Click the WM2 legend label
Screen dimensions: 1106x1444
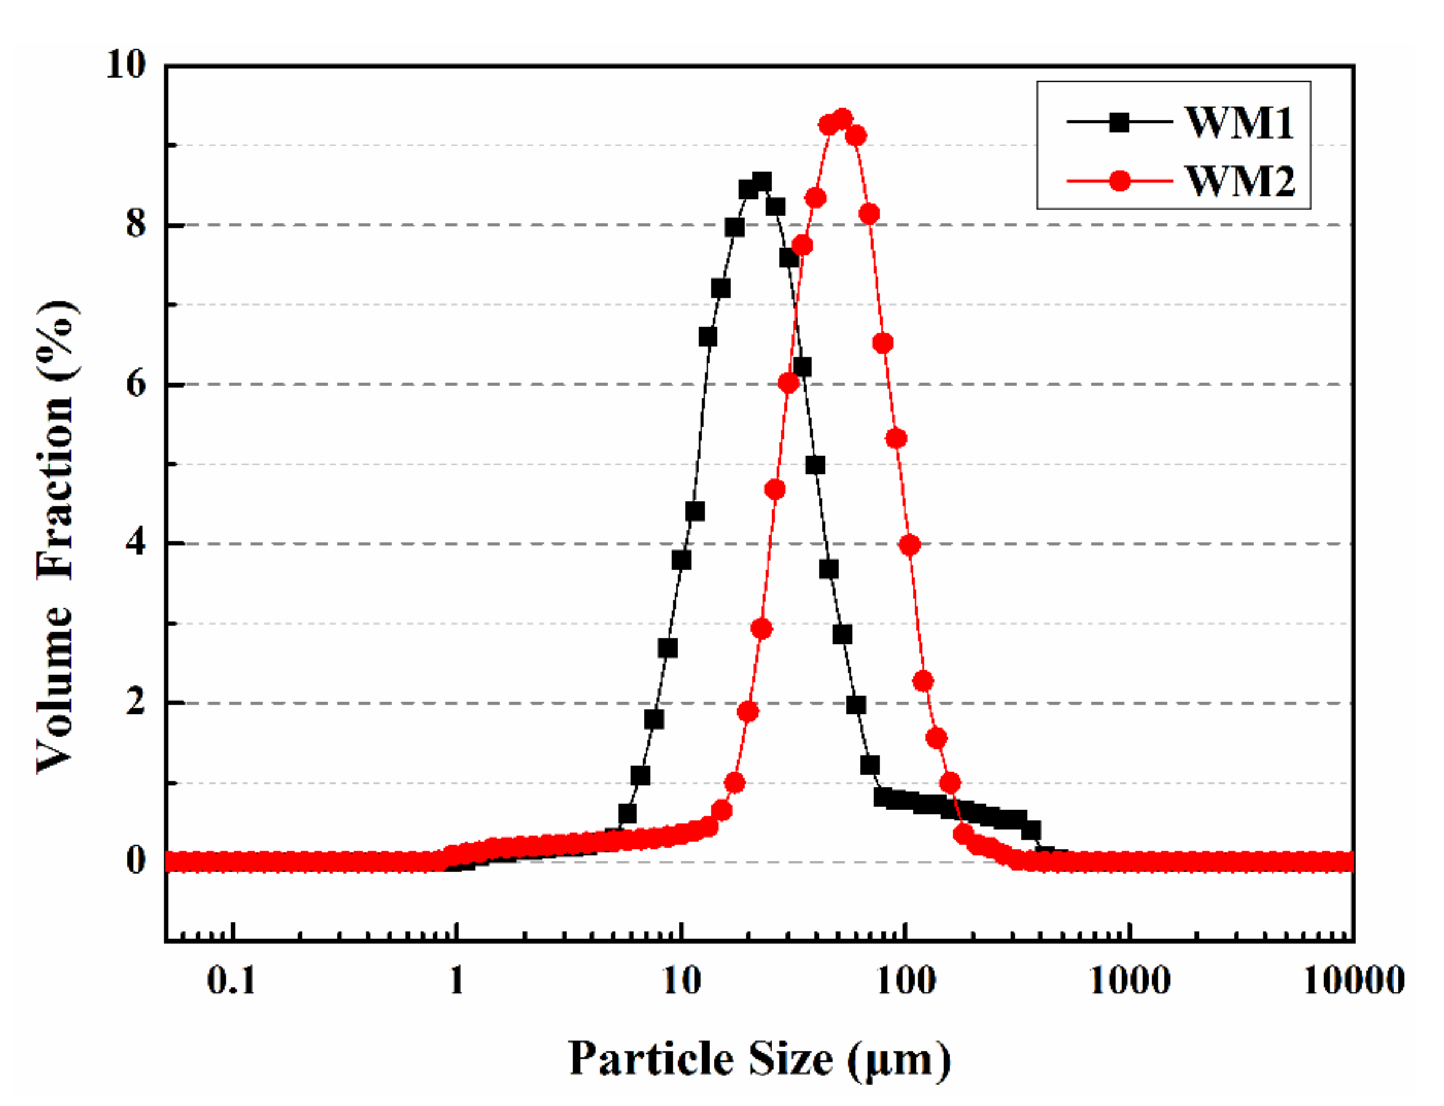pos(1240,180)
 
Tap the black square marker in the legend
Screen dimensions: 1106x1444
pos(1119,123)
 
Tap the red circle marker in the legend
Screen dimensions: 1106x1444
pos(1119,180)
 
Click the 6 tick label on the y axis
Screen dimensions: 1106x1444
pos(136,384)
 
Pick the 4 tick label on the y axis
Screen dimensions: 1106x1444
pos(136,543)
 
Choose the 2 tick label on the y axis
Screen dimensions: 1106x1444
pos(136,702)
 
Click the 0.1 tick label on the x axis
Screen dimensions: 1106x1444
pos(231,981)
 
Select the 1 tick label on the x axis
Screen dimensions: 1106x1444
pos(456,981)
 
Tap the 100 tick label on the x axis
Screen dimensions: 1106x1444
pos(905,981)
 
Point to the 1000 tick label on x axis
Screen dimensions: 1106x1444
pos(1130,981)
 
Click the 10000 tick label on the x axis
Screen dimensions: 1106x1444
pos(1354,981)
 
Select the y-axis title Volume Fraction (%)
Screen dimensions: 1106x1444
pos(56,536)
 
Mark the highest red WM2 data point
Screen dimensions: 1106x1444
pos(842,119)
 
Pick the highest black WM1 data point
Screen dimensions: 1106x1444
pos(762,182)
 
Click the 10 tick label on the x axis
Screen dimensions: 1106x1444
pos(681,981)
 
